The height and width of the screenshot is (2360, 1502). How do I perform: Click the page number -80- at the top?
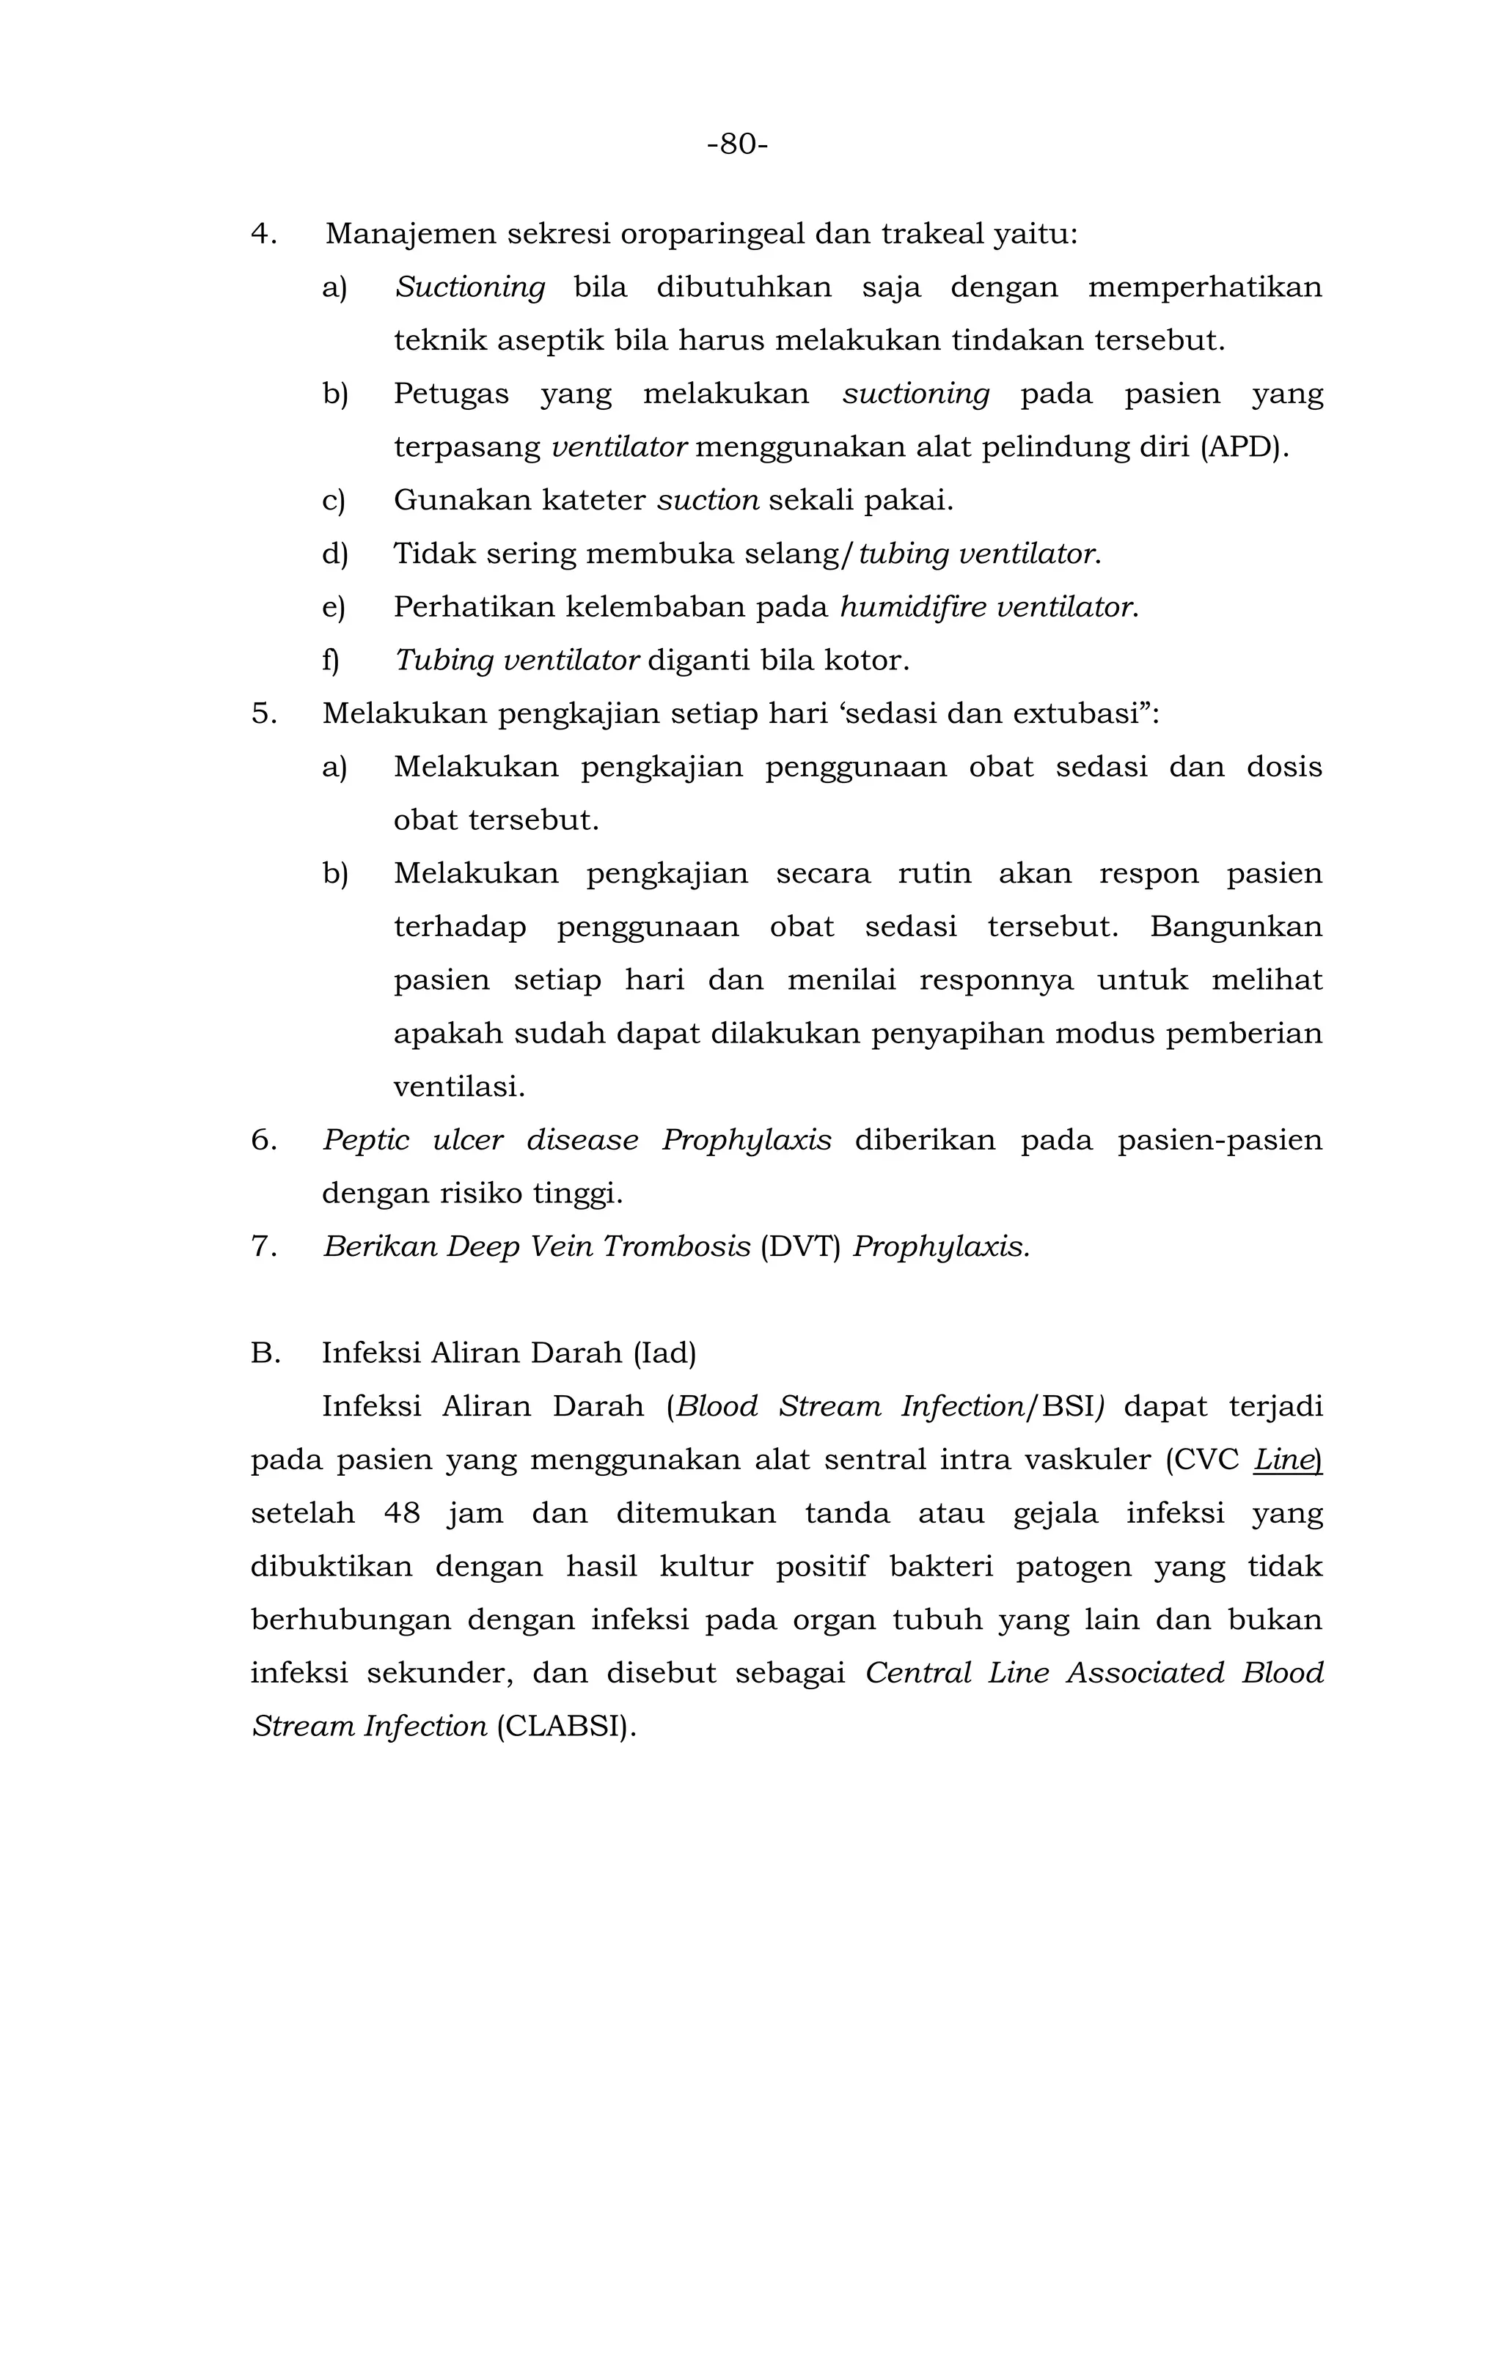[x=736, y=144]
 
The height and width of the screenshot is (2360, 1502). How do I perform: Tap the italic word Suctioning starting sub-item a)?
[x=469, y=288]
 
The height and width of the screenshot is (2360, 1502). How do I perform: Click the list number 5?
[x=263, y=713]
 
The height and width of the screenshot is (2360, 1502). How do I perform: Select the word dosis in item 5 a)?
[x=1283, y=766]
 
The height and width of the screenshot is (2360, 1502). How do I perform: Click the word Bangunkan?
[x=1235, y=926]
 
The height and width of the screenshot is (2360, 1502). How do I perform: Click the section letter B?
[x=265, y=1353]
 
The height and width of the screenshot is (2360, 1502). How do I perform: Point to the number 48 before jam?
[x=401, y=1513]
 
